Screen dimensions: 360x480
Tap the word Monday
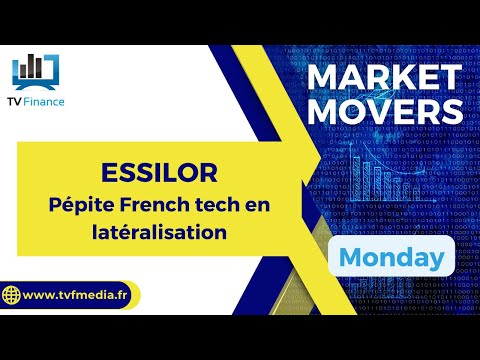(391, 257)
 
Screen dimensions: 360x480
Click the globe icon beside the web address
(14, 296)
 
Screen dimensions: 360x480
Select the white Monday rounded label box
(391, 258)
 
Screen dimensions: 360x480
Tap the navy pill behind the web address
(70, 296)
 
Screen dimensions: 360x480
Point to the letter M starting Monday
(349, 257)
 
